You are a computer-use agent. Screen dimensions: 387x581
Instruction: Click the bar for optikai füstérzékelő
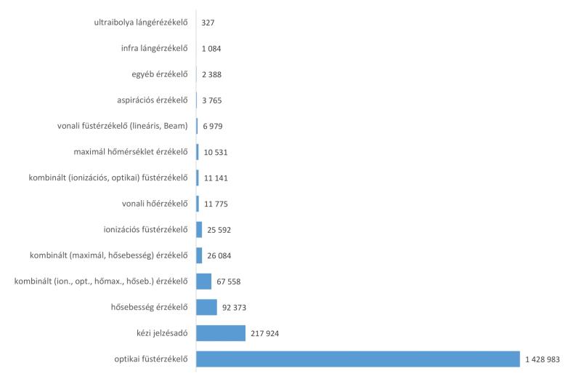[357, 359]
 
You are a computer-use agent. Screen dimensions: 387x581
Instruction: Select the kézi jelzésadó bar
[221, 333]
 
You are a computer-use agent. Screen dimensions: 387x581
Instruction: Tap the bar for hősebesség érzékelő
[206, 307]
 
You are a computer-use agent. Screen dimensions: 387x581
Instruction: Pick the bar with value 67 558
[203, 282]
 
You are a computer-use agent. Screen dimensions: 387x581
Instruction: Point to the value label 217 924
[265, 333]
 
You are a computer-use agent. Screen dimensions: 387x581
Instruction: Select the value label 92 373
[235, 308]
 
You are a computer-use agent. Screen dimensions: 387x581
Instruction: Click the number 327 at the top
[208, 23]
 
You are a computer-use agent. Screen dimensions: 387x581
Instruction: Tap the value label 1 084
[213, 49]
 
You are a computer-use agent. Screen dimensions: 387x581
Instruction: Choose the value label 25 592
[217, 230]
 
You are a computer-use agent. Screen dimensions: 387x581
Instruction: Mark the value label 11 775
[216, 204]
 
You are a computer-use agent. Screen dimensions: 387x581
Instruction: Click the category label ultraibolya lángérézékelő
[136, 23]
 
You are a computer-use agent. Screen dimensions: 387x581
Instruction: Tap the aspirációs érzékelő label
[147, 100]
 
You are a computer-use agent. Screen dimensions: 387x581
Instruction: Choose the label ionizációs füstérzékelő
[145, 230]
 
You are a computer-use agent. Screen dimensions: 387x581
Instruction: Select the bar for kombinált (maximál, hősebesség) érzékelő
[199, 255]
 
